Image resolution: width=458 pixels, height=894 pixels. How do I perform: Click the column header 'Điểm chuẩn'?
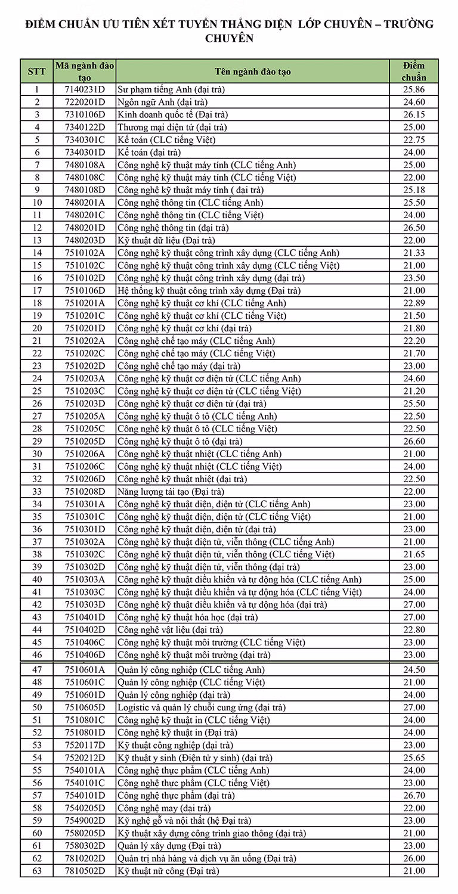[x=414, y=71]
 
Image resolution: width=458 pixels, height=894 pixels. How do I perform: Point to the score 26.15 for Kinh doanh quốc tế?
[x=414, y=114]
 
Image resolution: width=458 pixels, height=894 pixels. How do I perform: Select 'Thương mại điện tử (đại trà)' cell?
[x=172, y=127]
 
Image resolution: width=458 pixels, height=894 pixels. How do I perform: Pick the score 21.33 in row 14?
[x=414, y=253]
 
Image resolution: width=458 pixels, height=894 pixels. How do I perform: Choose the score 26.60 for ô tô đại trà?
[x=414, y=442]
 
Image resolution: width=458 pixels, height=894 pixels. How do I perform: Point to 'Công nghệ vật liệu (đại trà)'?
[x=170, y=630]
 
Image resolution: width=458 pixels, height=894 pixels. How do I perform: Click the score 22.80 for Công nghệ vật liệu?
[x=414, y=630]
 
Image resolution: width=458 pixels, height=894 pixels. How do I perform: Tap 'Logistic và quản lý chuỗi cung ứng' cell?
[x=202, y=707]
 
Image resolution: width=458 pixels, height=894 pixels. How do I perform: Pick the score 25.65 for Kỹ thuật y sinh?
[x=414, y=758]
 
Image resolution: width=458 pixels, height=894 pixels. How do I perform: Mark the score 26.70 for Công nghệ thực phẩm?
[x=414, y=796]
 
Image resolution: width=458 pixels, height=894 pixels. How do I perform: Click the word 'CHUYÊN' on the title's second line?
[x=230, y=39]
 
